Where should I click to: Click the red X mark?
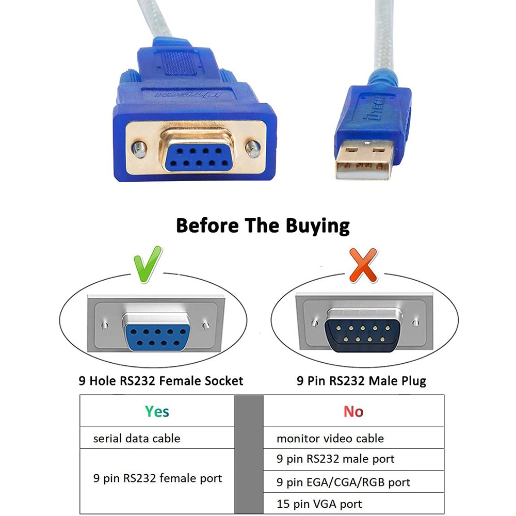point(363,265)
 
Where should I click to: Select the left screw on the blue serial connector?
point(139,150)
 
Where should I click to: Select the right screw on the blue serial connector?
point(254,149)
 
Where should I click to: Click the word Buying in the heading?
point(317,226)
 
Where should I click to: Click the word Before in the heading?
point(207,225)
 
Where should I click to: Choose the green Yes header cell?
point(157,411)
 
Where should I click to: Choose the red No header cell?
point(353,411)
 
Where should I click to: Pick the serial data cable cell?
point(157,438)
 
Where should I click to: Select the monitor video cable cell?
point(353,438)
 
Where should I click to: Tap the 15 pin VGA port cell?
point(353,503)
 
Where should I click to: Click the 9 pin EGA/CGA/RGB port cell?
point(353,482)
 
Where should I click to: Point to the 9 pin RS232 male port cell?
point(353,459)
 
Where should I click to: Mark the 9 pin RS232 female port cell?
point(157,481)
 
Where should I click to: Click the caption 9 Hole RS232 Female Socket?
point(161,381)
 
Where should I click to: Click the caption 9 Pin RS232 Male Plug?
point(361,381)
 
